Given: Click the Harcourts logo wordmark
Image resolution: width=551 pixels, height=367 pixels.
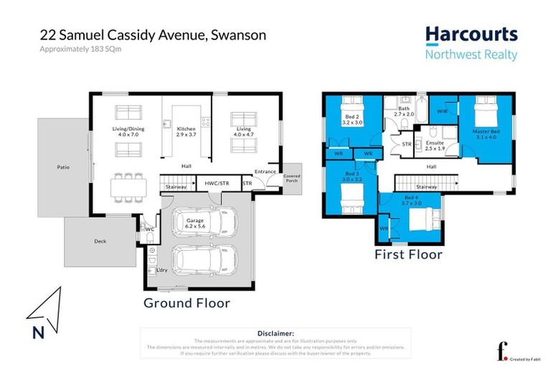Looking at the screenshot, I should pos(471,35).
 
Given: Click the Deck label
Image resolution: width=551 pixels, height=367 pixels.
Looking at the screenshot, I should pos(100,242).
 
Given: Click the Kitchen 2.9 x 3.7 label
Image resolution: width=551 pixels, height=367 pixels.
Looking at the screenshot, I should pos(186,131).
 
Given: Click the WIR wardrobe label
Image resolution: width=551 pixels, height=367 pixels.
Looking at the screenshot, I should pos(443,112).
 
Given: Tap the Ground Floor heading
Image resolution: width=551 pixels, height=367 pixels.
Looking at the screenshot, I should pos(187,303).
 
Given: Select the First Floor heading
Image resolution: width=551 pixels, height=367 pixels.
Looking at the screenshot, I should pos(408,254).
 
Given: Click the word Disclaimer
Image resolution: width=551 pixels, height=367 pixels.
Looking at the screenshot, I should pos(275,333).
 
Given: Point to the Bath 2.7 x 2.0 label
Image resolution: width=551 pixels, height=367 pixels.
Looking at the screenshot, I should pos(404,111).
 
